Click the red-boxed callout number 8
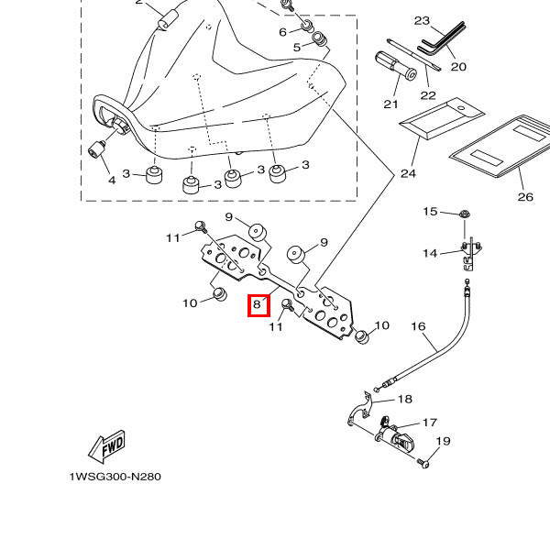point(258,305)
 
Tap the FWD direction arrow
point(106,446)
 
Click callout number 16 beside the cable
point(418,326)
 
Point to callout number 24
point(407,173)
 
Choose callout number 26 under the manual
point(524,196)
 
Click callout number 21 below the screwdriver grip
point(391,104)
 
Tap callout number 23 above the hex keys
point(422,20)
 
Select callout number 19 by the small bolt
point(443,442)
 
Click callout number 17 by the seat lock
point(429,423)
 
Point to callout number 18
point(404,399)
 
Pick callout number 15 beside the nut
point(430,212)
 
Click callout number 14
point(430,253)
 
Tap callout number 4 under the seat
point(112,181)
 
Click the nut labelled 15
point(463,215)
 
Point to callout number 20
point(458,66)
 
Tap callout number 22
point(427,95)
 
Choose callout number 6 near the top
point(283,32)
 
